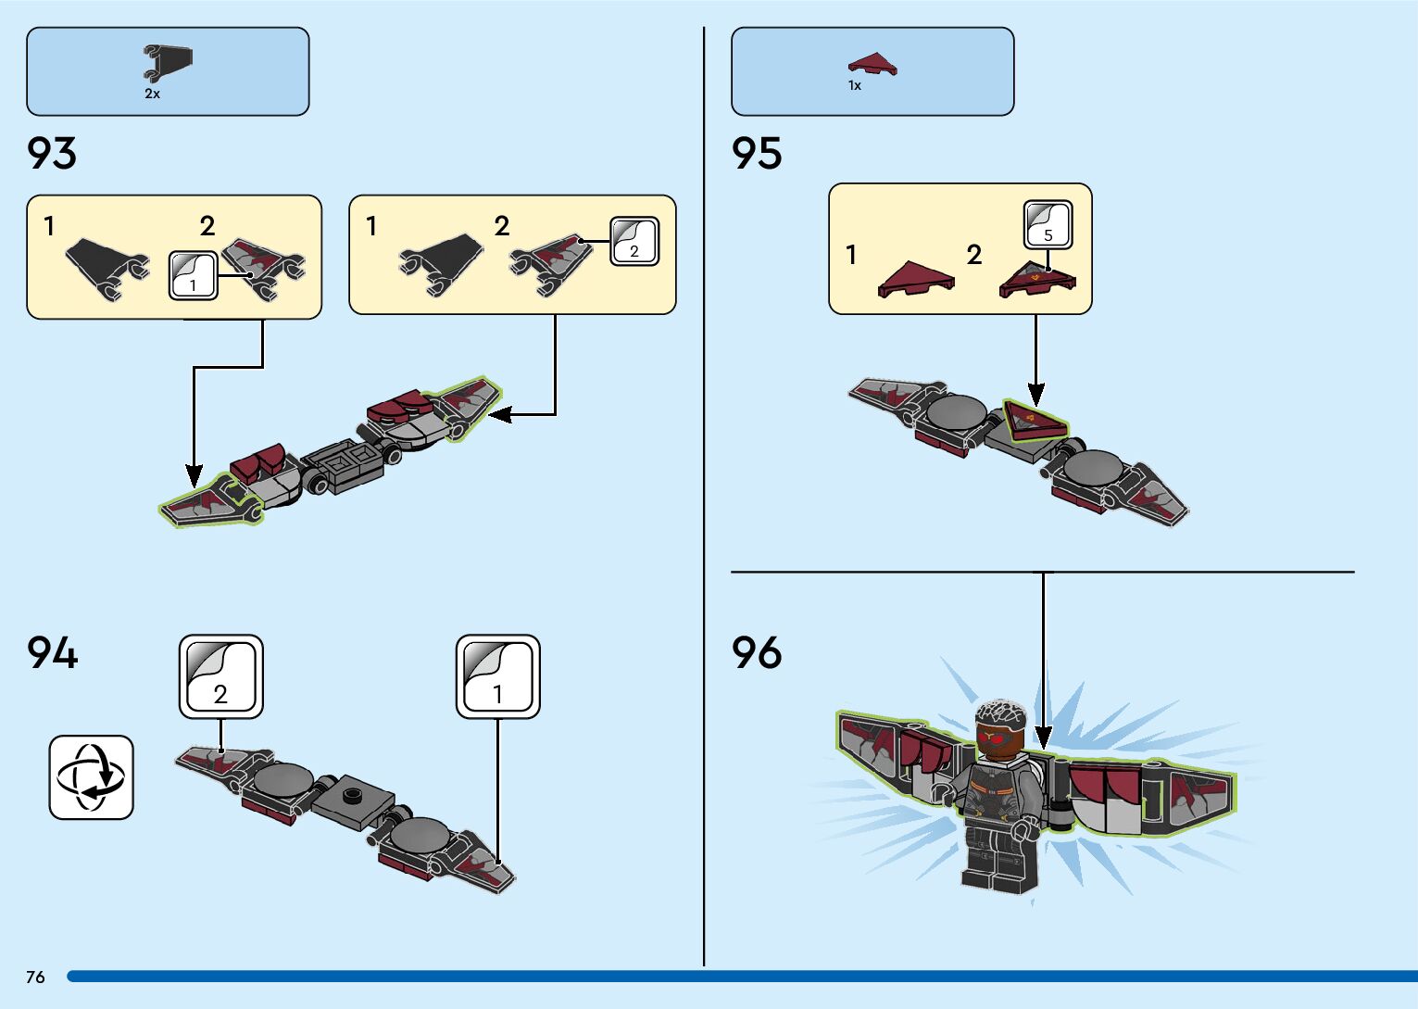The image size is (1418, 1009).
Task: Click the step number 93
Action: click(x=52, y=154)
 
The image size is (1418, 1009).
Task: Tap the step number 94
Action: click(x=53, y=653)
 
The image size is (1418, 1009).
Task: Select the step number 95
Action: click(x=757, y=154)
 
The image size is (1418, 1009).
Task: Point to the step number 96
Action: click(x=757, y=653)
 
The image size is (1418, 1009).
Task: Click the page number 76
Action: click(x=35, y=977)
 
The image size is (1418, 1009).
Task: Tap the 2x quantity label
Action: click(x=152, y=95)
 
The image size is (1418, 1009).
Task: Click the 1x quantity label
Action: click(x=855, y=86)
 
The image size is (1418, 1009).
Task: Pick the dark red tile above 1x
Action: click(x=872, y=64)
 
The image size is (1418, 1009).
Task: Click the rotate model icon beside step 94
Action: click(x=91, y=777)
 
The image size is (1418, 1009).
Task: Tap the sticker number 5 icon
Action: click(x=1048, y=225)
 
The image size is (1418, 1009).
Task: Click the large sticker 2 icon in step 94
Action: click(x=220, y=676)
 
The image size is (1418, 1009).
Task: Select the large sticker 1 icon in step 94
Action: click(x=497, y=676)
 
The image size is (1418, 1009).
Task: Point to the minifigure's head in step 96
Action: click(x=998, y=727)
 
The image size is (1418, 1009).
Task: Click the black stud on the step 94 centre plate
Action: click(x=352, y=794)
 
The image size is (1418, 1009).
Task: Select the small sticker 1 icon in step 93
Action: click(x=193, y=276)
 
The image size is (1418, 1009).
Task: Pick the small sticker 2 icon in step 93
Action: click(x=634, y=242)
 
